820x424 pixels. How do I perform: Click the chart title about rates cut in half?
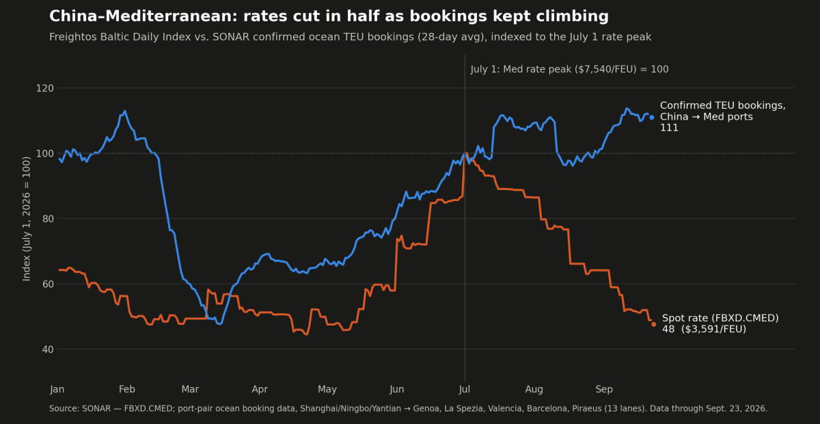click(329, 16)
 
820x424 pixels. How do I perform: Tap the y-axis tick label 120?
click(44, 88)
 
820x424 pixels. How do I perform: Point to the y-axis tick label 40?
click(48, 349)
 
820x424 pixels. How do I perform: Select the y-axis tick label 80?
click(48, 219)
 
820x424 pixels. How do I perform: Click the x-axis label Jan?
click(57, 389)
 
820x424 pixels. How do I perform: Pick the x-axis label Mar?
click(191, 389)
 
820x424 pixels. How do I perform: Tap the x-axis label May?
click(327, 389)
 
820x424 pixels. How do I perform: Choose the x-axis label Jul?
click(465, 389)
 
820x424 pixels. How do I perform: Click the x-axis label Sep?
click(604, 389)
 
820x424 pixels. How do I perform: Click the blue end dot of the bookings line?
click(652, 117)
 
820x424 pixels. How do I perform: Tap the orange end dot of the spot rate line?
click(654, 324)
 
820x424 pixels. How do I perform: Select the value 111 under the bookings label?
click(669, 128)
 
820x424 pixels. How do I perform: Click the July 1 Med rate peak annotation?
click(570, 69)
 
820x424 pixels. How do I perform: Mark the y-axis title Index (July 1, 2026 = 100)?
click(27, 219)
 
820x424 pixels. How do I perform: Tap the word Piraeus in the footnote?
click(587, 408)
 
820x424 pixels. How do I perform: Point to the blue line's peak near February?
click(125, 111)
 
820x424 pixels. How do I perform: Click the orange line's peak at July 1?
click(465, 153)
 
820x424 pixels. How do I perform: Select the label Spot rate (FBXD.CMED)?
click(720, 318)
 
